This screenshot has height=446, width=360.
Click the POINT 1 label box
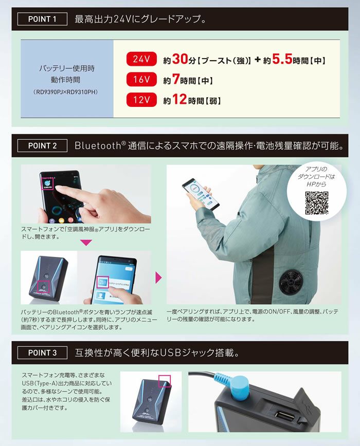pos(43,20)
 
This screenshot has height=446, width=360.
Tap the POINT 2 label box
pos(43,146)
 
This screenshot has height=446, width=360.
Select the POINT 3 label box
pos(43,353)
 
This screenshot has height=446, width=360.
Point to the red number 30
pos(182,60)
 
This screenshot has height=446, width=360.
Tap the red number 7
pos(175,80)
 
